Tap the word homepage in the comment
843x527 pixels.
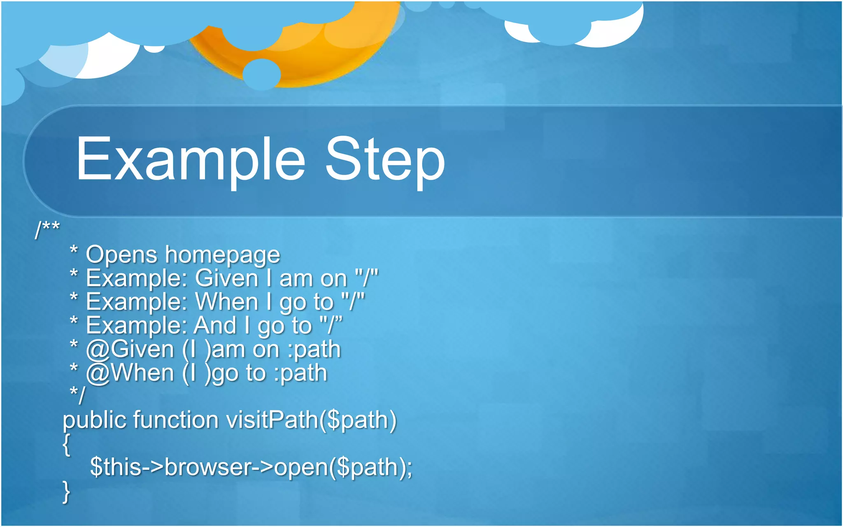click(x=223, y=255)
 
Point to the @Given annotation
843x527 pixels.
click(x=130, y=350)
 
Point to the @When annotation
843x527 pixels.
click(x=130, y=373)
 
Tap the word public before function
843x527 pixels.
click(x=94, y=420)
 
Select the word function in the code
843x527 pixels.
click(x=176, y=420)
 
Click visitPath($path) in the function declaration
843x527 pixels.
click(x=312, y=420)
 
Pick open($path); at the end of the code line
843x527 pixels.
click(x=343, y=467)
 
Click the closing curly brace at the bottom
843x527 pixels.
click(x=66, y=492)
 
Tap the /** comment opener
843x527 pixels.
click(x=47, y=229)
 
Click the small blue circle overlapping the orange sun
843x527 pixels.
click(x=262, y=75)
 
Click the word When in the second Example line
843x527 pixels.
click(x=226, y=302)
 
